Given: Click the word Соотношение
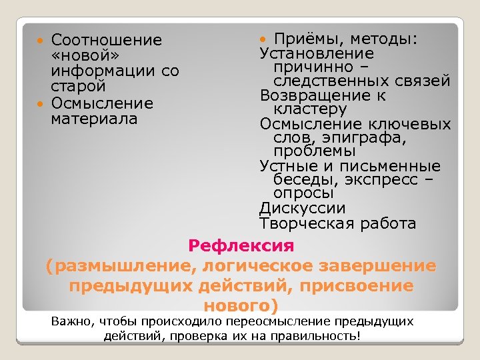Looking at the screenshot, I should [x=106, y=41].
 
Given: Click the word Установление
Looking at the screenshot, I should [x=317, y=54].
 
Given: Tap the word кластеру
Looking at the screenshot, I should [x=310, y=109].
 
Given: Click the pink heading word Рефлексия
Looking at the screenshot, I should [x=241, y=246].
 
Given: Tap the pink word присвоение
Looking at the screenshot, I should [x=366, y=286].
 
